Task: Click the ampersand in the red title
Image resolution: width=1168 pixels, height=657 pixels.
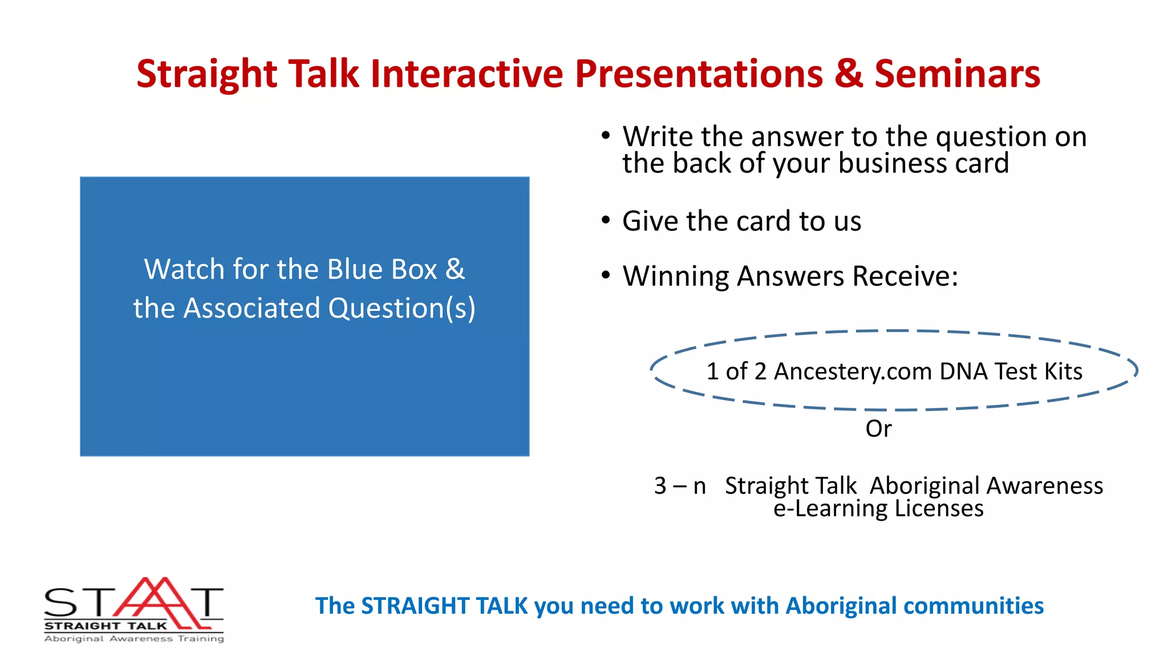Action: [849, 74]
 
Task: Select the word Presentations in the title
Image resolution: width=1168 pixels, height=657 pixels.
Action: [699, 74]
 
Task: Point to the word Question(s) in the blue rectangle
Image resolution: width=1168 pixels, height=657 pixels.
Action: [401, 309]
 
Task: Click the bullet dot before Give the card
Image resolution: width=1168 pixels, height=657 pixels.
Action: [606, 221]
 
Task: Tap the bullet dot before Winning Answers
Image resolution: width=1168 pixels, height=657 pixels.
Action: [606, 276]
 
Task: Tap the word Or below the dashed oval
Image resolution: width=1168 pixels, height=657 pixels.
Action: [878, 429]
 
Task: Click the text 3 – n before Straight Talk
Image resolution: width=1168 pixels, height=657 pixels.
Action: [680, 486]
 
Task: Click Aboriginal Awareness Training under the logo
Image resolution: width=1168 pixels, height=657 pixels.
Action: [134, 639]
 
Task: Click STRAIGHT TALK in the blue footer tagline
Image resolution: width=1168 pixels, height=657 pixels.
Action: [444, 606]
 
